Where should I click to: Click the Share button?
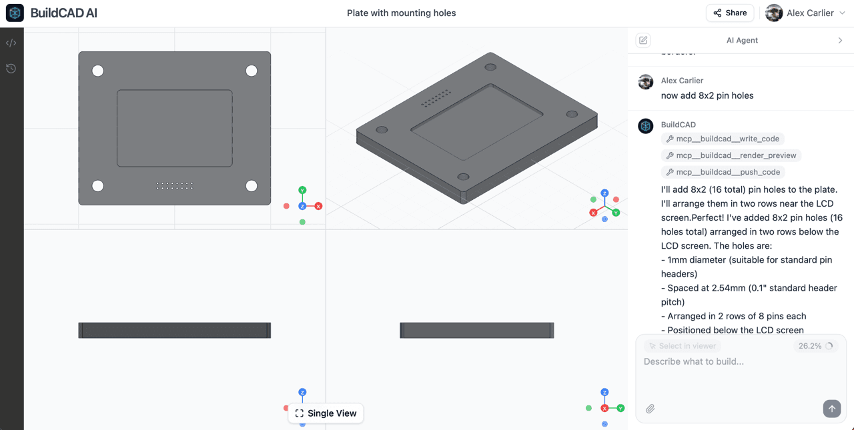click(729, 13)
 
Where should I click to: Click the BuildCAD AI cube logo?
click(15, 13)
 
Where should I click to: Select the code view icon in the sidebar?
click(11, 43)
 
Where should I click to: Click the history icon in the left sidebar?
click(11, 69)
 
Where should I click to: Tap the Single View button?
click(326, 413)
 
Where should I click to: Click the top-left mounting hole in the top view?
click(98, 71)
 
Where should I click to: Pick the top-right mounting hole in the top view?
click(252, 71)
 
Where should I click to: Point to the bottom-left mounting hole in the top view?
click(98, 186)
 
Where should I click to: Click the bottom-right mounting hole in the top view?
click(252, 186)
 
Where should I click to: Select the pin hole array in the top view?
click(174, 186)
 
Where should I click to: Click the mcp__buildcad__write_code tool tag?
click(723, 139)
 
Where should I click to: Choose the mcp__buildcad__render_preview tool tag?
click(731, 155)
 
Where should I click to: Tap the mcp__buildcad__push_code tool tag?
click(723, 172)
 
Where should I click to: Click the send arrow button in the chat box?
click(831, 409)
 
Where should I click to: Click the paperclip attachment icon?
click(650, 409)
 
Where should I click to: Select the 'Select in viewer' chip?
click(683, 346)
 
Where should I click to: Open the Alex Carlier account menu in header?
click(806, 13)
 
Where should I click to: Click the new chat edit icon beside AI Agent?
click(643, 41)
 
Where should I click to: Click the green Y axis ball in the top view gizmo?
click(302, 191)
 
